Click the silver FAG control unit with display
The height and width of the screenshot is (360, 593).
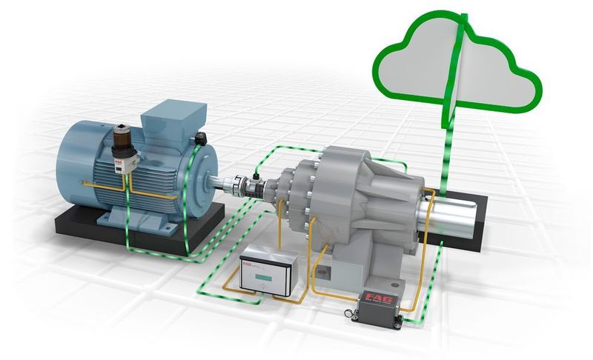tap(268, 271)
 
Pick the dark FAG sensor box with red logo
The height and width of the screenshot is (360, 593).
tap(379, 305)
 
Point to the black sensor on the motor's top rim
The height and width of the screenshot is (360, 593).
tap(202, 139)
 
